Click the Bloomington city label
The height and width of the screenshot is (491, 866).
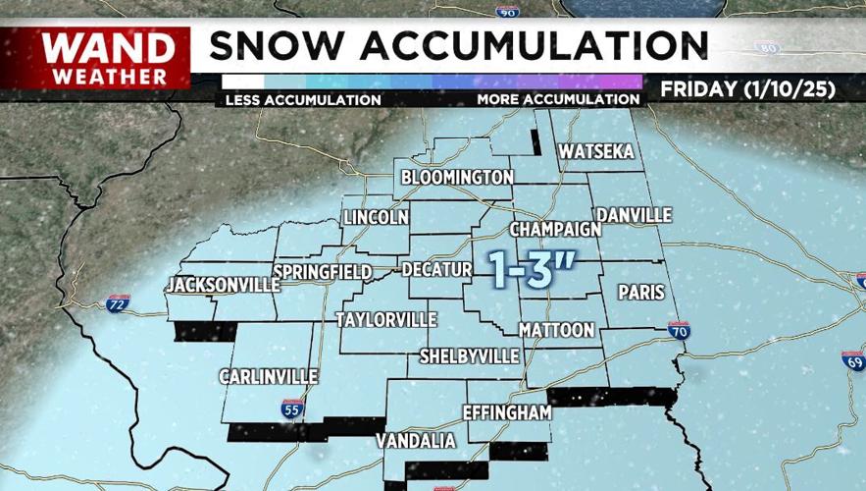[457, 178]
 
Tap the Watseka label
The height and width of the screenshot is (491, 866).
[596, 152]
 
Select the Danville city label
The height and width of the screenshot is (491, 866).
[634, 215]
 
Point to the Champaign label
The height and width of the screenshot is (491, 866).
[555, 229]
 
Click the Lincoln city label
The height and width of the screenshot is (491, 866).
[375, 217]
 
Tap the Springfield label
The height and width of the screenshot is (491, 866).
[323, 271]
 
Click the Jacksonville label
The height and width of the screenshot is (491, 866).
[224, 285]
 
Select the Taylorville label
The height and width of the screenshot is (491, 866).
[386, 320]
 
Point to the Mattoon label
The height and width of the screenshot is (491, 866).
[557, 330]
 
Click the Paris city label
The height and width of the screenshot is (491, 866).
[641, 293]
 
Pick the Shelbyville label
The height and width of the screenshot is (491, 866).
[469, 355]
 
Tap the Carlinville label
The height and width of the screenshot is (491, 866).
[268, 377]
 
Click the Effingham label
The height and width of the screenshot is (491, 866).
[507, 412]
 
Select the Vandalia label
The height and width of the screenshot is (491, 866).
[417, 441]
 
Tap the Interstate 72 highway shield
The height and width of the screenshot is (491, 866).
[118, 302]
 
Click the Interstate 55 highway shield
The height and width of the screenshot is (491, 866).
[291, 409]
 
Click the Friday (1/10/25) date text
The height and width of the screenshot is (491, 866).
[747, 89]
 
